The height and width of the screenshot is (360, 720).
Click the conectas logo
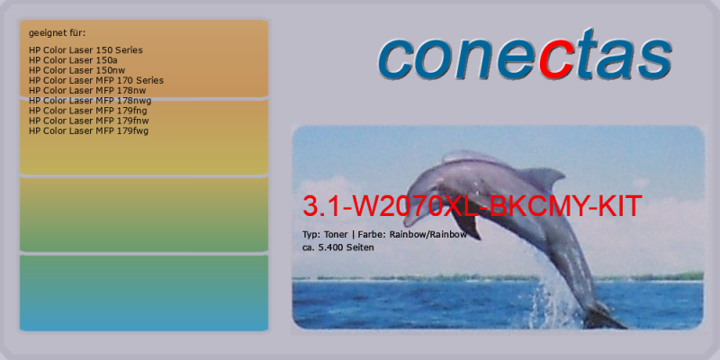point(525,55)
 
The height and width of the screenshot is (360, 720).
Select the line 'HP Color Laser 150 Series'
point(85,50)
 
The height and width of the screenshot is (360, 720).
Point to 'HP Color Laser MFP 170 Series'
point(96,80)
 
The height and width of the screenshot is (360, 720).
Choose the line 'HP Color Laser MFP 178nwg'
point(90,101)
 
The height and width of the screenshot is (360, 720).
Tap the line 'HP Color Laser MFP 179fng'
point(87,111)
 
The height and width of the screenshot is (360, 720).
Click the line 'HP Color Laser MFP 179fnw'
point(88,121)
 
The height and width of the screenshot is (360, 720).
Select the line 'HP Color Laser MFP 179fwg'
point(88,130)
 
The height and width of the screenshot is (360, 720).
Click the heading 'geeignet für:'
point(57,33)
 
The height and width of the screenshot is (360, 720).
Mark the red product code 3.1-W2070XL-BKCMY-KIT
point(472,206)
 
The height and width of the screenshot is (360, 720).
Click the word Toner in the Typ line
point(336,235)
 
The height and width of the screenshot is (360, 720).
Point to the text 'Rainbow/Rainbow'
point(428,235)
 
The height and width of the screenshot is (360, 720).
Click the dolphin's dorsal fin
point(542,176)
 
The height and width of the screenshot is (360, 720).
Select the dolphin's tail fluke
point(604,318)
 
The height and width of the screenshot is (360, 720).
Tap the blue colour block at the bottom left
point(144,293)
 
